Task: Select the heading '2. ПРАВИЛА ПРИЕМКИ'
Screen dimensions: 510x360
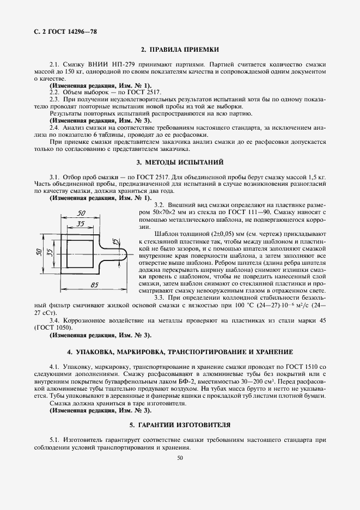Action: [x=180, y=50]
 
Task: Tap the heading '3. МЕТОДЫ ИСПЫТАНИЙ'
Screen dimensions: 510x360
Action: [x=180, y=163]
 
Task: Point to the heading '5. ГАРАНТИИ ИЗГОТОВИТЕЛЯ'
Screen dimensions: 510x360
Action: [x=180, y=424]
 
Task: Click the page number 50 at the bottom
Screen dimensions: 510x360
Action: [x=180, y=458]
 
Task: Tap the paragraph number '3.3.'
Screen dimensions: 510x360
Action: [x=161, y=297]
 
